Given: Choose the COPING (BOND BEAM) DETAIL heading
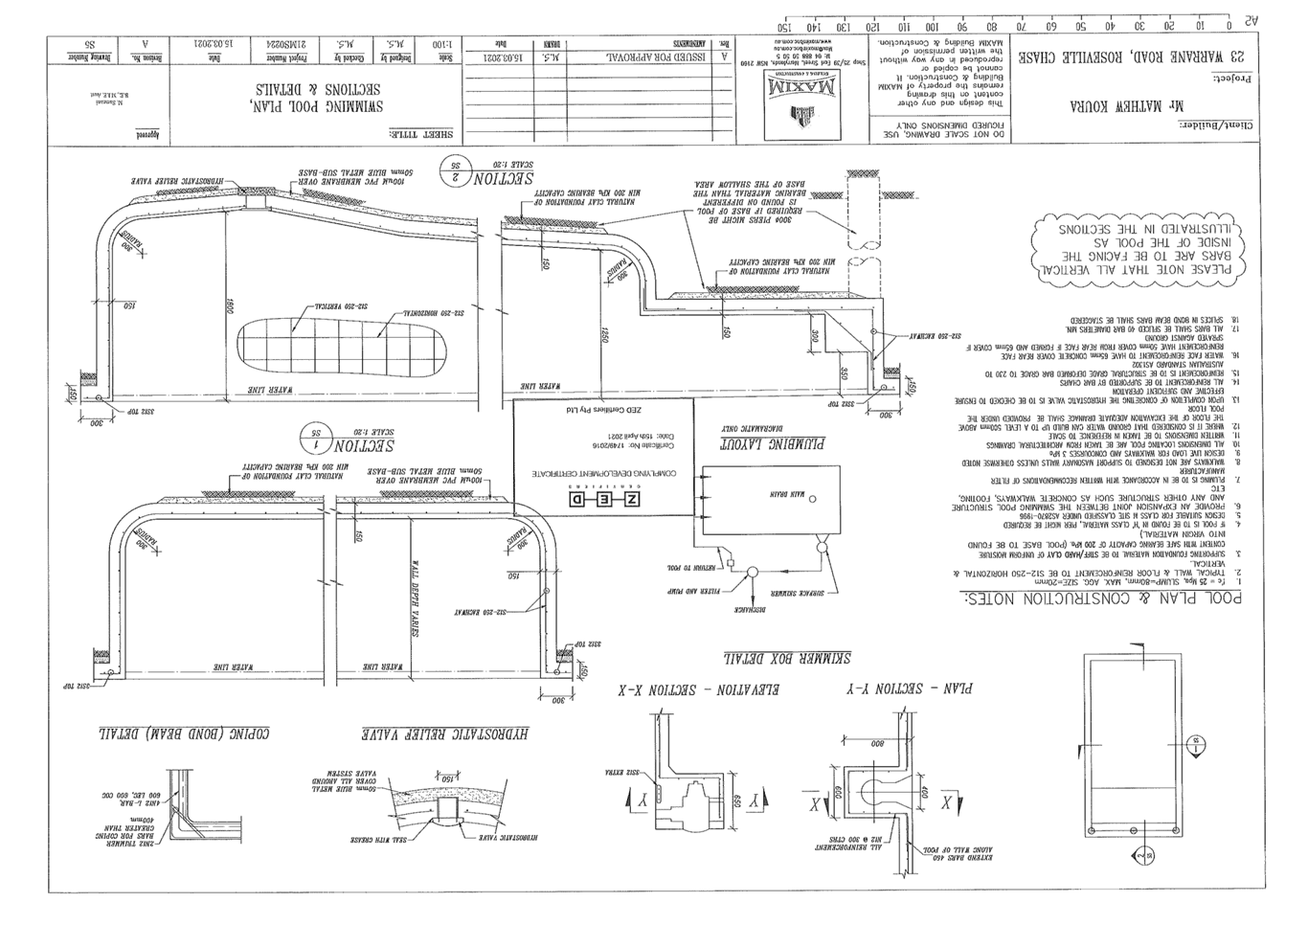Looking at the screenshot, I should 183,733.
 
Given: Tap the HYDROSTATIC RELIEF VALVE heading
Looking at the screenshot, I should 446,733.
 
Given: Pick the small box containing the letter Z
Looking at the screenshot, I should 630,499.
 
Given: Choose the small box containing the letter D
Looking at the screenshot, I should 575,499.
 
